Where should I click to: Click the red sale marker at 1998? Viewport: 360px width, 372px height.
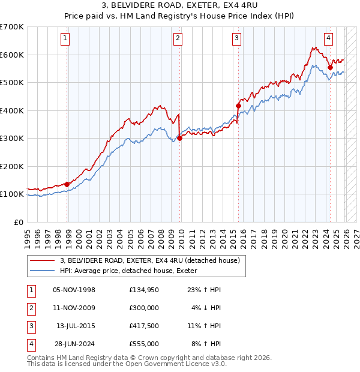point(67,184)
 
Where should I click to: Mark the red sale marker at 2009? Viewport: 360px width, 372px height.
point(180,138)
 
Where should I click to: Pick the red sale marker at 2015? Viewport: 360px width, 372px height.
point(238,106)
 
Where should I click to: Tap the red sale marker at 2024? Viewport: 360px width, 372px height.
point(330,67)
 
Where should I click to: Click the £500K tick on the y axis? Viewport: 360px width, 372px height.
point(12,82)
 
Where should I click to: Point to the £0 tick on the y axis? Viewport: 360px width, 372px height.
point(18,222)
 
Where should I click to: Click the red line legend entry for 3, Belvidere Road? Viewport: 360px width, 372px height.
point(149,260)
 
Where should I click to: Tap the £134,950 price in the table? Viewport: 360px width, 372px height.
point(144,290)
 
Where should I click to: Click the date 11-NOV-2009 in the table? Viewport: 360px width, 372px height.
point(74,308)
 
